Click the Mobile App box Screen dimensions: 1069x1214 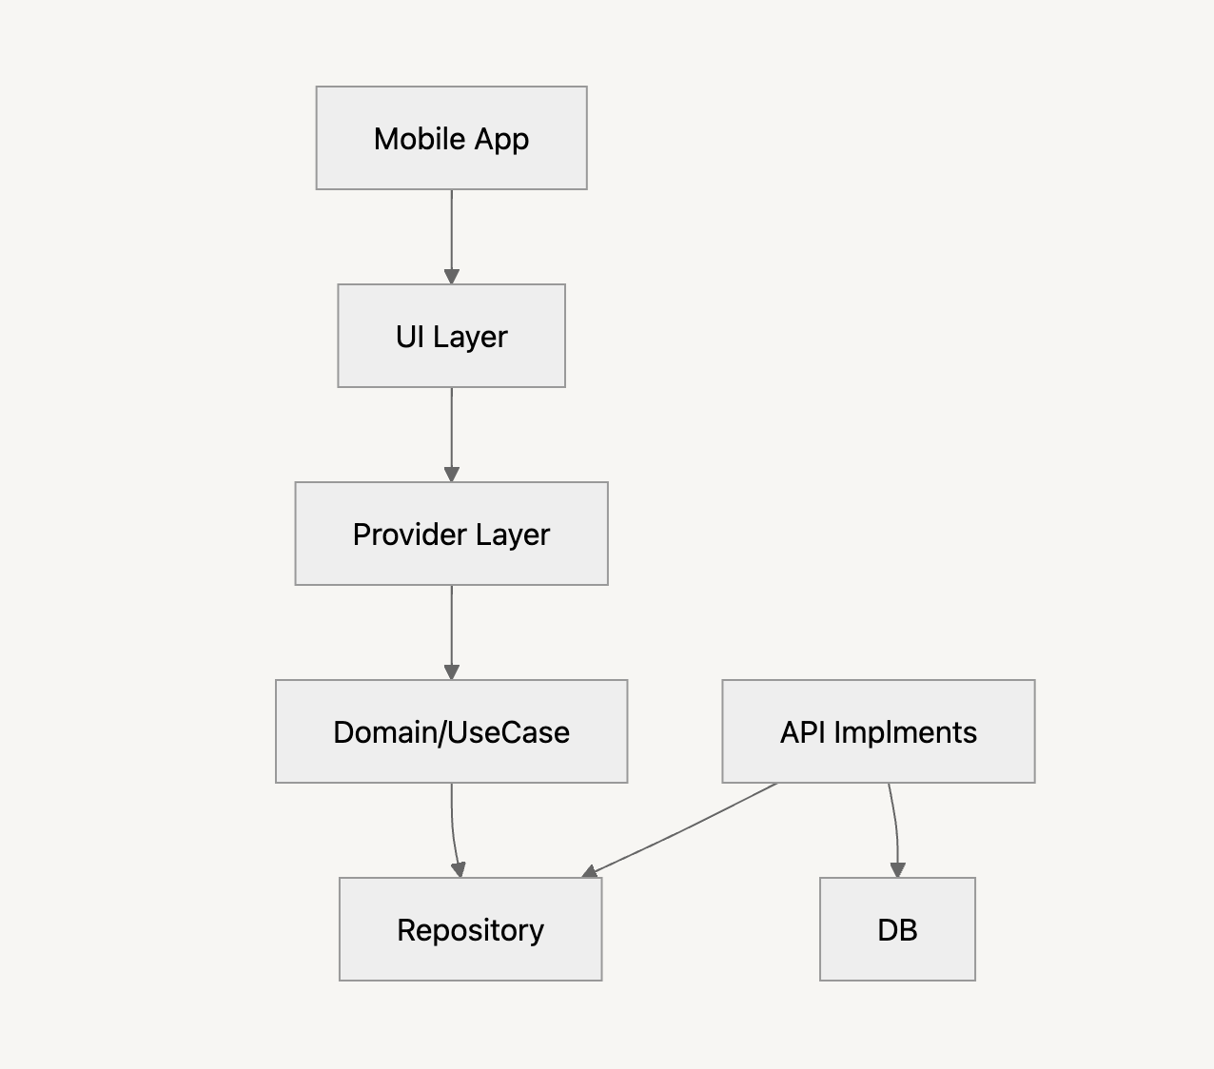[x=451, y=138]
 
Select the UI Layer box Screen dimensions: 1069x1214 [x=451, y=336]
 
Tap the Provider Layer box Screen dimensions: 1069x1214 [x=451, y=534]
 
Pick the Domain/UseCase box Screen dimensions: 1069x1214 [x=451, y=731]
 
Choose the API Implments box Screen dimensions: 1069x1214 [x=878, y=731]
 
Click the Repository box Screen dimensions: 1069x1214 [x=470, y=929]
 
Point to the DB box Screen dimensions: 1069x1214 [x=897, y=929]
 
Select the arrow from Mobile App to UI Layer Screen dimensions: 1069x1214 [x=452, y=233]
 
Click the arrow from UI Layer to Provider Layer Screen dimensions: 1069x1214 [x=452, y=431]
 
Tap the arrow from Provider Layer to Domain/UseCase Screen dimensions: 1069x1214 [x=452, y=629]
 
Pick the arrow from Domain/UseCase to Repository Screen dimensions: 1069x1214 [x=454, y=827]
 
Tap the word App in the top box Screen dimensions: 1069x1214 [x=501, y=139]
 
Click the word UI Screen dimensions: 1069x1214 [x=409, y=337]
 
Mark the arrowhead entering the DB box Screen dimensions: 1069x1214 [x=897, y=869]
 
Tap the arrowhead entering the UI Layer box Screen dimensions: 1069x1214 [x=452, y=276]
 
